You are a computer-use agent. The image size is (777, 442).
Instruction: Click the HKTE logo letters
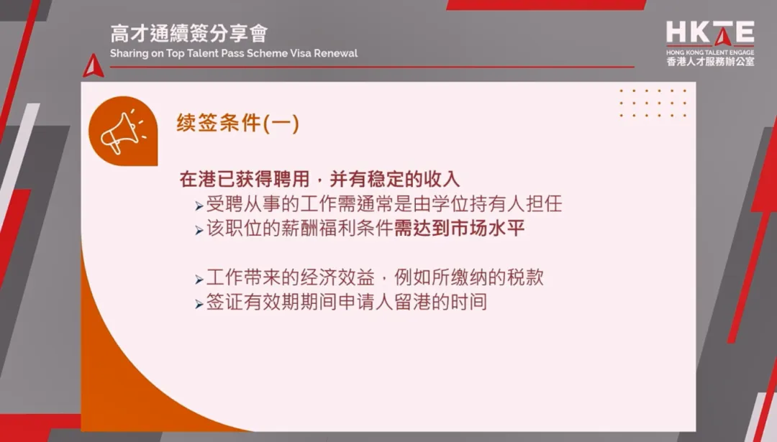[709, 32]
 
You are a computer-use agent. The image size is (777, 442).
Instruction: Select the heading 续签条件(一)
[238, 123]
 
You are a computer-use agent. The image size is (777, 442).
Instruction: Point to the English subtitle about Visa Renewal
[234, 54]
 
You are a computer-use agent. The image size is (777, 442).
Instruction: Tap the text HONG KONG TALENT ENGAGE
[710, 52]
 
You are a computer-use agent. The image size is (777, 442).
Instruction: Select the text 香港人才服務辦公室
[710, 63]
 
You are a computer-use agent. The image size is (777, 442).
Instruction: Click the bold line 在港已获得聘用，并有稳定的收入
[319, 179]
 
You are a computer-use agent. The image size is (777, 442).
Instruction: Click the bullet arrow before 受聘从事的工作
[199, 206]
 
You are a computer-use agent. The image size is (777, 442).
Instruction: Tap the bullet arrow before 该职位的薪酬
[199, 231]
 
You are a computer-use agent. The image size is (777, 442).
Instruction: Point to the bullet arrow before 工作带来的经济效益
[199, 279]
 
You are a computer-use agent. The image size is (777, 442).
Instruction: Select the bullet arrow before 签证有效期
[199, 304]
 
